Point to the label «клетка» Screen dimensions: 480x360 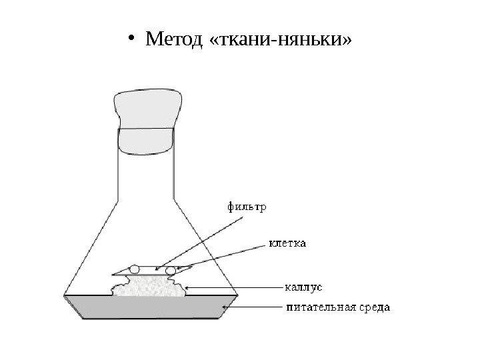[x=287, y=243]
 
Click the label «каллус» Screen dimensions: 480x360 [x=303, y=287]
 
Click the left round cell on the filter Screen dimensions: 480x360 [x=134, y=269]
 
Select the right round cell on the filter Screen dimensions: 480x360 [x=170, y=269]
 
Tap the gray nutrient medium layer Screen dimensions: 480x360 [x=150, y=308]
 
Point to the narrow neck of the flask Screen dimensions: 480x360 [x=146, y=173]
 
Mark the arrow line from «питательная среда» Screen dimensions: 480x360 [x=257, y=308]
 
